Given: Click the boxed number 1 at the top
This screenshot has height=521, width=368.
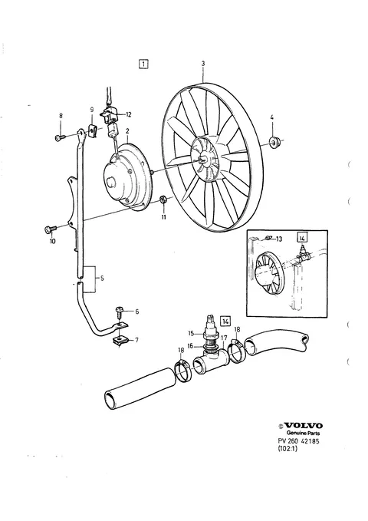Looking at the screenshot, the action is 143,64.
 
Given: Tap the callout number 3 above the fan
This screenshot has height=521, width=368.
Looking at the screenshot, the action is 203,64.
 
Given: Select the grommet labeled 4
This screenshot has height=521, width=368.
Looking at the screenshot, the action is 274,141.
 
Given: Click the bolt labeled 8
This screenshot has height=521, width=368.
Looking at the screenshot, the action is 60,137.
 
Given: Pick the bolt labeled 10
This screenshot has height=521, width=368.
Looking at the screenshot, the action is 50,229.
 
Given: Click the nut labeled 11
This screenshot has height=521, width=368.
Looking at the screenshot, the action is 163,199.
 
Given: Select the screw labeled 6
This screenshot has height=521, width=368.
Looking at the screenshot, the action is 120,312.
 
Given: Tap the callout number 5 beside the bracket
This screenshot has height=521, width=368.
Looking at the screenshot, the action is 102,279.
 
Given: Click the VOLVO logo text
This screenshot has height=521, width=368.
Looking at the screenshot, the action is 304,426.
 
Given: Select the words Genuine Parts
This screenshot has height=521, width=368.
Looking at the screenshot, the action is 303,433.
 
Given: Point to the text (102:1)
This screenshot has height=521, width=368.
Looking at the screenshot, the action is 287,449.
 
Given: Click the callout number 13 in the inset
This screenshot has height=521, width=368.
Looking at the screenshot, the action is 278,239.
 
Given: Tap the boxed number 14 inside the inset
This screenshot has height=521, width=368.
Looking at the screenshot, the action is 302,238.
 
